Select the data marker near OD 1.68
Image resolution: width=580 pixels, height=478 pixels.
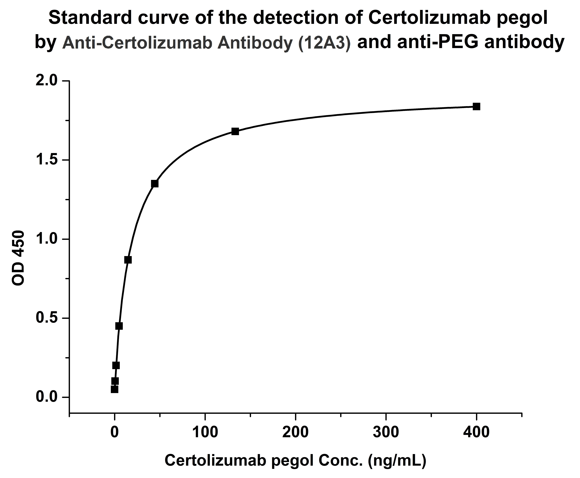click(x=235, y=131)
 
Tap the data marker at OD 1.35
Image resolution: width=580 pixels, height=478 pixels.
click(x=155, y=184)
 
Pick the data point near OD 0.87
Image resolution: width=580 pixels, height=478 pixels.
click(x=128, y=260)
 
